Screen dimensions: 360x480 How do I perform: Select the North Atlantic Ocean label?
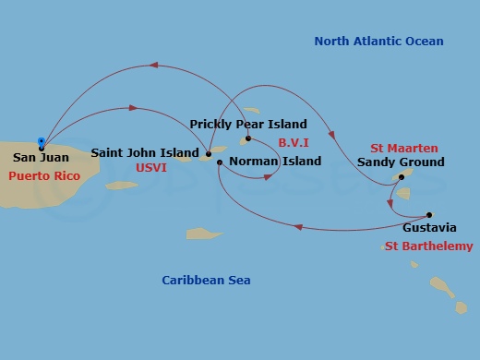tap(378, 42)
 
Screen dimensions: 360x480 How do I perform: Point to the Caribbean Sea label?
tap(206, 281)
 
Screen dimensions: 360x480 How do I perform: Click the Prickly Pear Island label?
tap(248, 125)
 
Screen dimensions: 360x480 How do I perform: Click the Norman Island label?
tap(275, 162)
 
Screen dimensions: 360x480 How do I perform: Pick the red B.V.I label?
tap(294, 142)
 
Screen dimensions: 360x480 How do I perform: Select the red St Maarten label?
tap(404, 148)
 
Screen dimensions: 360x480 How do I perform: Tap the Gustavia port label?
tap(429, 227)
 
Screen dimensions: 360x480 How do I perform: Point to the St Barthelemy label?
tap(427, 246)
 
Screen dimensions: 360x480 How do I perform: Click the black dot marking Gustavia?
tap(429, 214)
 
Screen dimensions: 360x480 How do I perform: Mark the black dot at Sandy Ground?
tap(402, 176)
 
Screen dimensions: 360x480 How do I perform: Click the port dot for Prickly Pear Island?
tap(248, 138)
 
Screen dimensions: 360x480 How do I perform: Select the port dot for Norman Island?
tap(220, 162)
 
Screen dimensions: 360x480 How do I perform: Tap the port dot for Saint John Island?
tap(209, 153)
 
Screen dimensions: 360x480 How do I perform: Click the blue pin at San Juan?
tap(42, 142)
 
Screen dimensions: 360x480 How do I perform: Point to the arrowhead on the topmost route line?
tap(154, 65)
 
